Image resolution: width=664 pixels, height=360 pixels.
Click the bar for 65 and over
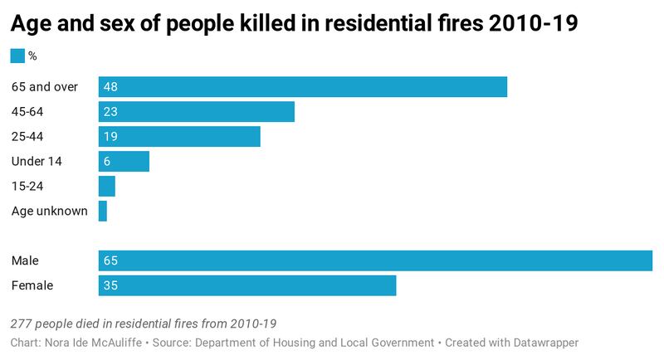click(302, 87)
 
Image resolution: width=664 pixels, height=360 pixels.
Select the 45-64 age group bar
click(196, 112)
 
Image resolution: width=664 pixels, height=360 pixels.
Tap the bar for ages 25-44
click(179, 137)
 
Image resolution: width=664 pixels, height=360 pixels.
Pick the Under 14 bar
click(124, 161)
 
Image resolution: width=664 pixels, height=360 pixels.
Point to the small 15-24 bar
click(106, 186)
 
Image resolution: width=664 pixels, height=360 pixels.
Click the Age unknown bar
click(102, 211)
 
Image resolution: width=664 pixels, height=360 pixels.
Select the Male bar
click(375, 260)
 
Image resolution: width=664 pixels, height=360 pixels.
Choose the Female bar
click(247, 285)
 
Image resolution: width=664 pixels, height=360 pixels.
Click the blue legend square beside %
click(17, 56)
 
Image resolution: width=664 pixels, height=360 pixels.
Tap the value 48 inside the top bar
click(110, 87)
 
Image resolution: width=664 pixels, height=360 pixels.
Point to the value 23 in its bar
click(110, 112)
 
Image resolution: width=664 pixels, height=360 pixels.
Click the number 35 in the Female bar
click(110, 285)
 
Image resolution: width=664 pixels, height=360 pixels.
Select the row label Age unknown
click(50, 211)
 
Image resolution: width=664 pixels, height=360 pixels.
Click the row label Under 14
click(37, 161)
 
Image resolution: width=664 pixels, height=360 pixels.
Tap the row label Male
click(25, 260)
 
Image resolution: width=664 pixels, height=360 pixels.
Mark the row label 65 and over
click(45, 87)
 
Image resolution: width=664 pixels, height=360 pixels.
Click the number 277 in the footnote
click(22, 323)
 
